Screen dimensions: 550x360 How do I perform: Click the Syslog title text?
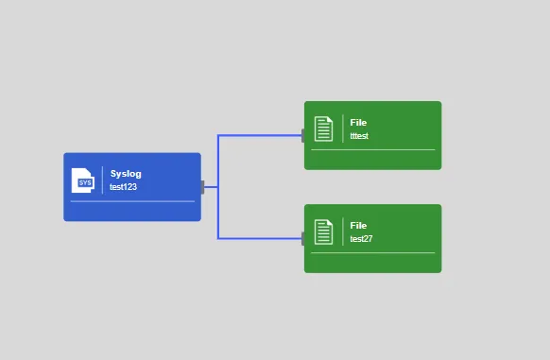click(126, 174)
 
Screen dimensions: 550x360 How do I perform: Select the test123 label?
click(123, 187)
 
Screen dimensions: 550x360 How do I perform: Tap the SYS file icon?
click(83, 180)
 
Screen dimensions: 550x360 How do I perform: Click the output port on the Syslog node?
click(202, 187)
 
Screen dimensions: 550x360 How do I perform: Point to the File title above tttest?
click(358, 123)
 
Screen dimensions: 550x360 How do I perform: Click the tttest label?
click(359, 136)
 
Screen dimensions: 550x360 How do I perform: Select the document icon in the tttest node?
click(323, 129)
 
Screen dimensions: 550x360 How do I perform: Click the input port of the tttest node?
click(303, 135)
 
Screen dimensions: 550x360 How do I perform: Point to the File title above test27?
click(358, 225)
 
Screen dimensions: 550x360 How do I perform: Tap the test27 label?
click(361, 239)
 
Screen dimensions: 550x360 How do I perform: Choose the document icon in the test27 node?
click(323, 231)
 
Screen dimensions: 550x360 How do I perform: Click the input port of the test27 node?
click(303, 239)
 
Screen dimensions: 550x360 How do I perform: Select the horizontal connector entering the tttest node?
click(260, 135)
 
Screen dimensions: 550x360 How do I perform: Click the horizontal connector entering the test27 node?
click(260, 239)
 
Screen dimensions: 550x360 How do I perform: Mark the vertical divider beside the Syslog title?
click(102, 180)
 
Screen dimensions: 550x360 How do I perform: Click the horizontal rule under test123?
click(132, 201)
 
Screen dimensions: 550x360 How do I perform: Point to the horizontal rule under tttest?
click(373, 150)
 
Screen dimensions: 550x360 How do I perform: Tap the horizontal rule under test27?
click(373, 252)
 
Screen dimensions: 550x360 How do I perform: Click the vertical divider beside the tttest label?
click(343, 129)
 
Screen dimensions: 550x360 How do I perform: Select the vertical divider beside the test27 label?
click(343, 231)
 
